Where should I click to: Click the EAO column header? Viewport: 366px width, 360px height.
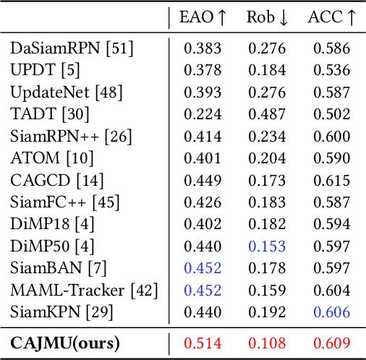pos(202,18)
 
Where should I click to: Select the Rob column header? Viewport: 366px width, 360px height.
pos(267,18)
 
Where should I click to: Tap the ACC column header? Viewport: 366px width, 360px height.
pos(332,18)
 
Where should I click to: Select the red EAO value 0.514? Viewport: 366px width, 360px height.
pos(202,341)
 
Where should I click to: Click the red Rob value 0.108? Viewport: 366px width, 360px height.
pos(267,341)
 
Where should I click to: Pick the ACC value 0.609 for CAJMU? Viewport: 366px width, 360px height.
pos(332,341)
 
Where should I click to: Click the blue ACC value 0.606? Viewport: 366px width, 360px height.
pos(332,313)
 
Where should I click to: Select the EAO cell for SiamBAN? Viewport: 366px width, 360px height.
pos(202,269)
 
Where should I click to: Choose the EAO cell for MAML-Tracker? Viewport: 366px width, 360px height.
pos(202,291)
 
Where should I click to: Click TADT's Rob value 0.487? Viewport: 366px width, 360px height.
pos(267,115)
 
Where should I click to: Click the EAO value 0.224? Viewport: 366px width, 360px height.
pos(202,115)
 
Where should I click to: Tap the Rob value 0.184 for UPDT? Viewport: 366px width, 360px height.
pos(267,71)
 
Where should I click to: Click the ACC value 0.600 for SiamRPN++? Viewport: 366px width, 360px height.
pos(332,137)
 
